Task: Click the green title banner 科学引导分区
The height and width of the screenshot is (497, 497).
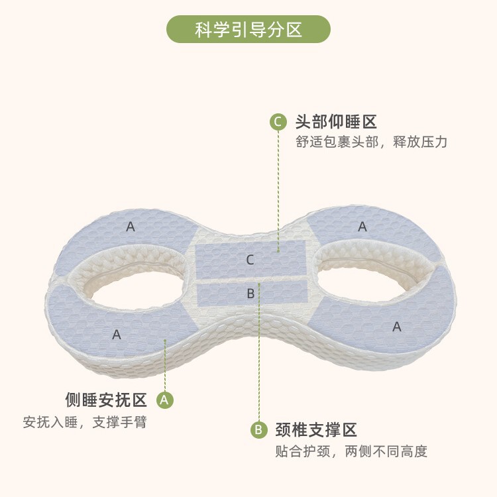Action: (x=248, y=29)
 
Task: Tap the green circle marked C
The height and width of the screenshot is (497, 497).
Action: (x=278, y=122)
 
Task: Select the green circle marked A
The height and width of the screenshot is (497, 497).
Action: (x=165, y=400)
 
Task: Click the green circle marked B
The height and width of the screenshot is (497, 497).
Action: (x=258, y=429)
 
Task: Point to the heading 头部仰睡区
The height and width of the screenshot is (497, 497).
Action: (x=336, y=122)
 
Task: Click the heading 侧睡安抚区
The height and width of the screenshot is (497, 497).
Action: (x=106, y=400)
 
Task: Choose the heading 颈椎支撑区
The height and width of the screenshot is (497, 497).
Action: (x=316, y=429)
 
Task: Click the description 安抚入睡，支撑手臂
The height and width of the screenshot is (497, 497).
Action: (x=85, y=422)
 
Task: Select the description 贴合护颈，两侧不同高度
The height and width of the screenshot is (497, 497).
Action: (x=351, y=452)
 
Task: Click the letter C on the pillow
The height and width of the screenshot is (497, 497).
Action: (x=250, y=260)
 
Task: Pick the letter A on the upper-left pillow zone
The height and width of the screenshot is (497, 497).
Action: (x=131, y=227)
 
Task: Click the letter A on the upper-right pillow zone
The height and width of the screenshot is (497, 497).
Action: (x=362, y=227)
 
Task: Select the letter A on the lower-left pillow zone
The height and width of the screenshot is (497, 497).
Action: (x=117, y=335)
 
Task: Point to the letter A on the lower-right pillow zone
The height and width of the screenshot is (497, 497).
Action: (x=397, y=326)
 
